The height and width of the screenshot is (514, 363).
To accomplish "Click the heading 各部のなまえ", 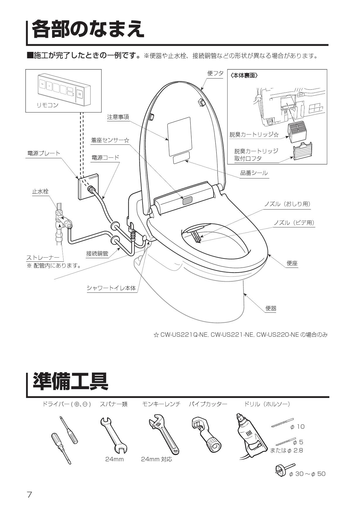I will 88,29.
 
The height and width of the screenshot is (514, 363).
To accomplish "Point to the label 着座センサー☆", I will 110,140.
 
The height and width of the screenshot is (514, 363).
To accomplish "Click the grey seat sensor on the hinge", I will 187,201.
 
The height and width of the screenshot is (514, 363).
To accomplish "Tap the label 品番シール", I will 254,173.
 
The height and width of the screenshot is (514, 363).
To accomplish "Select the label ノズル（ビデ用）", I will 294,223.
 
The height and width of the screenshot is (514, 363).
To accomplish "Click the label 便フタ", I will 215,74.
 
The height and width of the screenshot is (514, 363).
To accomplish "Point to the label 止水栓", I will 40,191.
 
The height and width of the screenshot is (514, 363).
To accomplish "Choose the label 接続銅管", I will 97,253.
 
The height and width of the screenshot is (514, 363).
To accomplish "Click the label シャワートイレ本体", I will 111,288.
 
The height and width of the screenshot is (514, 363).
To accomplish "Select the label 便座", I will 292,263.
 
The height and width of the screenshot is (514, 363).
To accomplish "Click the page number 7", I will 29,495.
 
